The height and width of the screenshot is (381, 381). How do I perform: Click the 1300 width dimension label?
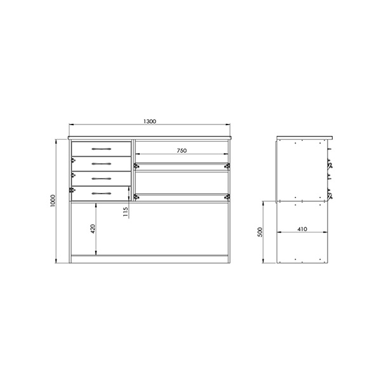tap(150, 121)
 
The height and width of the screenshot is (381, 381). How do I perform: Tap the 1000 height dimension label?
tap(53, 201)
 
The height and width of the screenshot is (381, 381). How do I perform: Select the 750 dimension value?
tap(182, 150)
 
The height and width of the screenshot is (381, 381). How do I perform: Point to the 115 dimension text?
tap(125, 212)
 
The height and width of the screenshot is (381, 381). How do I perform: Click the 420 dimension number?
tap(93, 229)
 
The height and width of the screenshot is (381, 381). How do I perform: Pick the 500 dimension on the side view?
tap(260, 232)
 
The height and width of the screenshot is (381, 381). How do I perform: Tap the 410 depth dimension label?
tap(302, 229)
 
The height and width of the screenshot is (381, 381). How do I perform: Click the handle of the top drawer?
tap(102, 149)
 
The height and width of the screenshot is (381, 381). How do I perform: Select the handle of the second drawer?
tap(102, 164)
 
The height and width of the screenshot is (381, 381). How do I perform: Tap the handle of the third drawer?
tap(102, 179)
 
